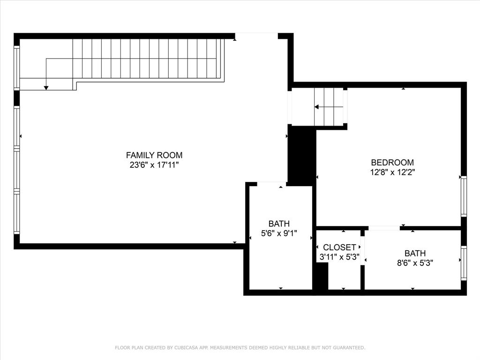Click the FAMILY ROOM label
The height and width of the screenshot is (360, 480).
click(154, 155)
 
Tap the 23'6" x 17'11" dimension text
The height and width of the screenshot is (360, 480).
click(154, 165)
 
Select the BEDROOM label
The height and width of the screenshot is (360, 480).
click(392, 162)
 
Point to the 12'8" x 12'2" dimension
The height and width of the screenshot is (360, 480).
click(392, 172)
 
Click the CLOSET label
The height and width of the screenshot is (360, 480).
click(339, 247)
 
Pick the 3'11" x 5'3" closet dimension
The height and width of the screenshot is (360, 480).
click(339, 257)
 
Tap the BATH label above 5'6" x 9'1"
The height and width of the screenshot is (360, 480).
click(279, 224)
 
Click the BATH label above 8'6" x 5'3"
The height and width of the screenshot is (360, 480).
click(415, 254)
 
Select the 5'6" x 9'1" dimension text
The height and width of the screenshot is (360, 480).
click(279, 233)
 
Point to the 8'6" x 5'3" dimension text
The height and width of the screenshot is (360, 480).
click(415, 263)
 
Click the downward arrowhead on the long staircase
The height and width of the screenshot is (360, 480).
click(46, 87)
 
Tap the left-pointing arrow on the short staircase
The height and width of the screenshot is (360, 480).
click(317, 107)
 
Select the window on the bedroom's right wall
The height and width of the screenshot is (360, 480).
click(463, 196)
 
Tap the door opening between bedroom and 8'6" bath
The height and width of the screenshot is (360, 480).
click(384, 228)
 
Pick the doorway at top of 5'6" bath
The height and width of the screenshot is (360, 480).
click(272, 183)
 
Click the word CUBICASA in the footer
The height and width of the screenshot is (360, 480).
click(186, 348)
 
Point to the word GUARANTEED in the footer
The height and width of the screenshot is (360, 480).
click(347, 348)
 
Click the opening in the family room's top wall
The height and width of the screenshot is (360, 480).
click(256, 36)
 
